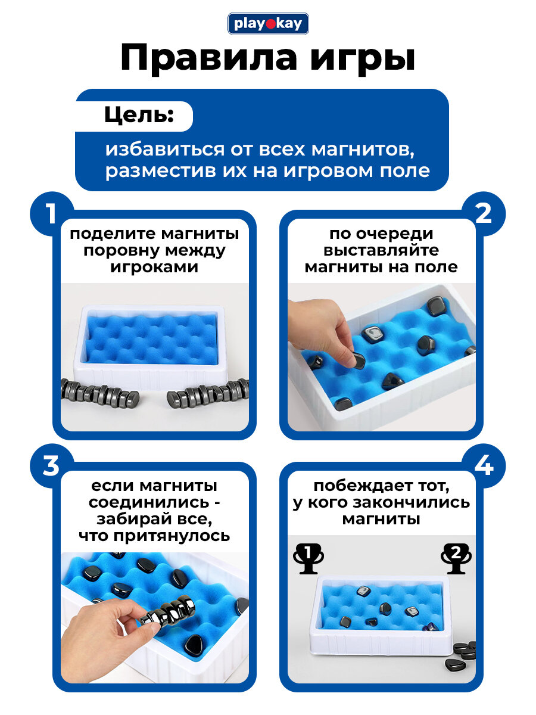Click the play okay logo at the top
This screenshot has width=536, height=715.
[x=268, y=23]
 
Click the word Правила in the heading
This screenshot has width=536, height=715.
[x=208, y=59]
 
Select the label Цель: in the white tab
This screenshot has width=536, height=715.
[x=139, y=116]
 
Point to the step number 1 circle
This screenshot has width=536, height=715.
[x=51, y=214]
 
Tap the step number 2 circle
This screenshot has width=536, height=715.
[x=484, y=214]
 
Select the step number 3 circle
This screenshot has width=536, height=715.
[x=51, y=466]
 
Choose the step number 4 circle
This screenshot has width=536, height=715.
[x=484, y=466]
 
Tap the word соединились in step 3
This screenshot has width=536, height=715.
[x=149, y=503]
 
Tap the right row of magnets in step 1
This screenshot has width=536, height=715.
[x=208, y=393]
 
